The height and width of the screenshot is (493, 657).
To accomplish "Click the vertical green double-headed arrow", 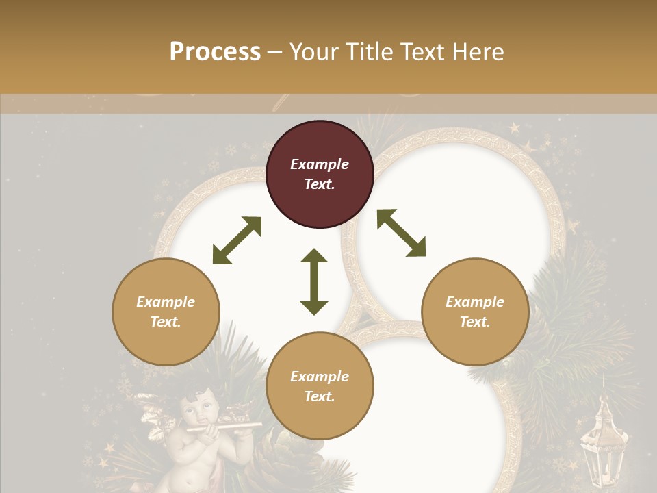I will [x=314, y=281].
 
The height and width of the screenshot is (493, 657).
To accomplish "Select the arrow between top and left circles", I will [x=237, y=240].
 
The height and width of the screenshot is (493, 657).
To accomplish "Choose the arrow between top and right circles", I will [x=401, y=233].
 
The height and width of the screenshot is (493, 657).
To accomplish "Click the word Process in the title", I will [x=215, y=51].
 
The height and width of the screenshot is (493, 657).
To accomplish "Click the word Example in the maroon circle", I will [x=320, y=164].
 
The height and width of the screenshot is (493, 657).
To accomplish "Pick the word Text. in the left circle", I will [x=166, y=322].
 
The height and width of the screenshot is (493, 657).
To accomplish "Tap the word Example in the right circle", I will [x=475, y=302].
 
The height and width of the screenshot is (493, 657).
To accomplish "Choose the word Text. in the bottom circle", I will [x=320, y=396].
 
